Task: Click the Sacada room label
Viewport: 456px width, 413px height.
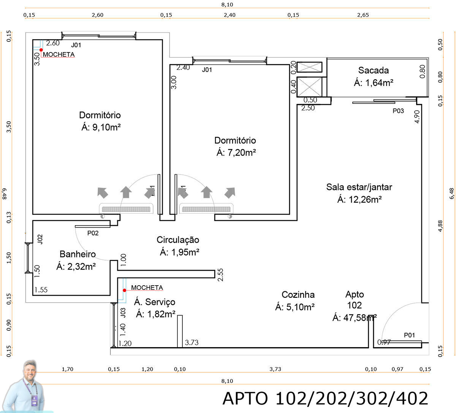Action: click(x=374, y=70)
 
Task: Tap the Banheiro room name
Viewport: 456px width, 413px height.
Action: click(x=78, y=254)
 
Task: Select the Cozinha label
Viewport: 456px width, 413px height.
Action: click(x=298, y=294)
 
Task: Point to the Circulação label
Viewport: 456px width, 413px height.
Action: click(x=178, y=240)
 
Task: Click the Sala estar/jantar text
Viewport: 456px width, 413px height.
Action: click(x=359, y=187)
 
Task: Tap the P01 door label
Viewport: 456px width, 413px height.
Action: click(x=409, y=335)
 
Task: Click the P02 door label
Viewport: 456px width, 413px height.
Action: click(x=93, y=233)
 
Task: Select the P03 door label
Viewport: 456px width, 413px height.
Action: click(x=398, y=111)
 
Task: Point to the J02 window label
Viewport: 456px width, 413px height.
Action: click(x=40, y=239)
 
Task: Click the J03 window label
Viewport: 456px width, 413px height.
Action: click(x=123, y=313)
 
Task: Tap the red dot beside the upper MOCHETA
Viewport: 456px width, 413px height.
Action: click(x=41, y=49)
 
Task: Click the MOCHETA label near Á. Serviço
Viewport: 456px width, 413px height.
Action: click(x=147, y=288)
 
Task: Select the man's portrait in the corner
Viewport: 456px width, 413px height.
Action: click(x=30, y=386)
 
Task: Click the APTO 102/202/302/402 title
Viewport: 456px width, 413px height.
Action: click(x=325, y=398)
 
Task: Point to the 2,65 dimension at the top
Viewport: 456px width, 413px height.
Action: click(x=363, y=15)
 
